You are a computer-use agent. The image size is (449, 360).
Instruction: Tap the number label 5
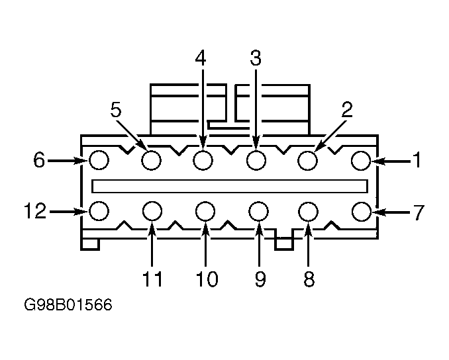click(116, 110)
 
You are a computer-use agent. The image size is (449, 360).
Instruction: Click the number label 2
click(347, 110)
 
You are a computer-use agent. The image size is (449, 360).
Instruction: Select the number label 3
click(256, 58)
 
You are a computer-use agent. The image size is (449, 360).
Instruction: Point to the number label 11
click(152, 279)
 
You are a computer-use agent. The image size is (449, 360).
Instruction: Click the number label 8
click(309, 279)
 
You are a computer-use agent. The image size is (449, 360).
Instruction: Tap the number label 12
click(35, 211)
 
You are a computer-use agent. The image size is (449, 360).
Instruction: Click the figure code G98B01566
click(68, 305)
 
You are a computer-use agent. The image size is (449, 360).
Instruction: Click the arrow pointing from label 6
click(68, 161)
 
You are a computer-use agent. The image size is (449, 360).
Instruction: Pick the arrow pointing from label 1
click(391, 161)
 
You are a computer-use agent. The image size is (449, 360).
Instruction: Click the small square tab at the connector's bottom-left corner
click(90, 244)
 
